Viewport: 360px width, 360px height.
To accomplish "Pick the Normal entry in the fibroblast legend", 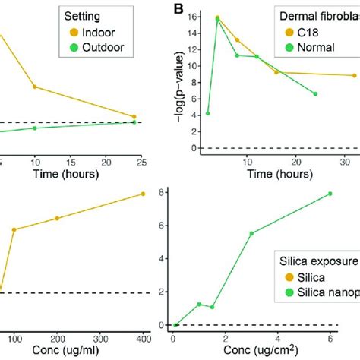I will (314, 47).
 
